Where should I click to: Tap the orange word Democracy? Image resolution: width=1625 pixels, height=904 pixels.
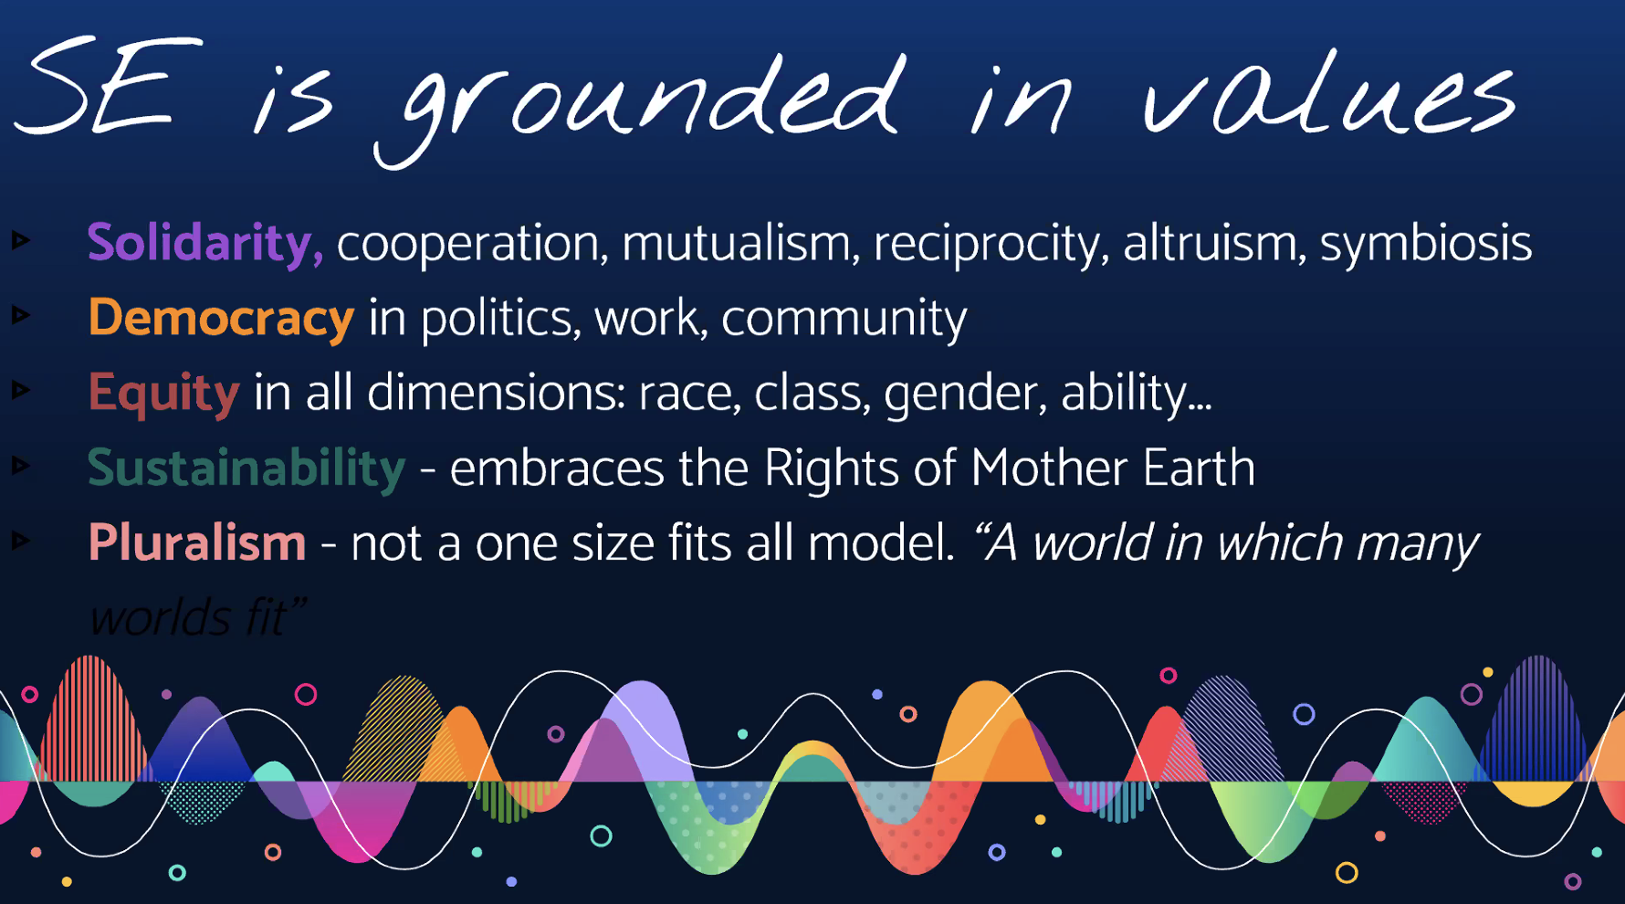tap(221, 319)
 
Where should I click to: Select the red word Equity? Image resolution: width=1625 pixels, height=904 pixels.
tap(163, 394)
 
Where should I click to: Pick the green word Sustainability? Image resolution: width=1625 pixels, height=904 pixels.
tap(246, 468)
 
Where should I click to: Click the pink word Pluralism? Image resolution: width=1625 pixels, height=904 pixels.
tap(197, 543)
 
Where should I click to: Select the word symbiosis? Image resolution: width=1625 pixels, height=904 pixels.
tap(1425, 244)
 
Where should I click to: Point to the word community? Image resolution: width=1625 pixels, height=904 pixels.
tap(844, 320)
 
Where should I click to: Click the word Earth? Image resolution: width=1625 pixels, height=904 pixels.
tap(1199, 468)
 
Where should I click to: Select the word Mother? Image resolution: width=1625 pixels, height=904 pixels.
tap(1050, 468)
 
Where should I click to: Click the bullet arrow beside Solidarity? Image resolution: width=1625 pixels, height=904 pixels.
tap(21, 241)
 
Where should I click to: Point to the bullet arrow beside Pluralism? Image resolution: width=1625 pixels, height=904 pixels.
tap(21, 541)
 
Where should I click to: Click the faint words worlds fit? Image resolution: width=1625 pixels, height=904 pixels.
tap(197, 618)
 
